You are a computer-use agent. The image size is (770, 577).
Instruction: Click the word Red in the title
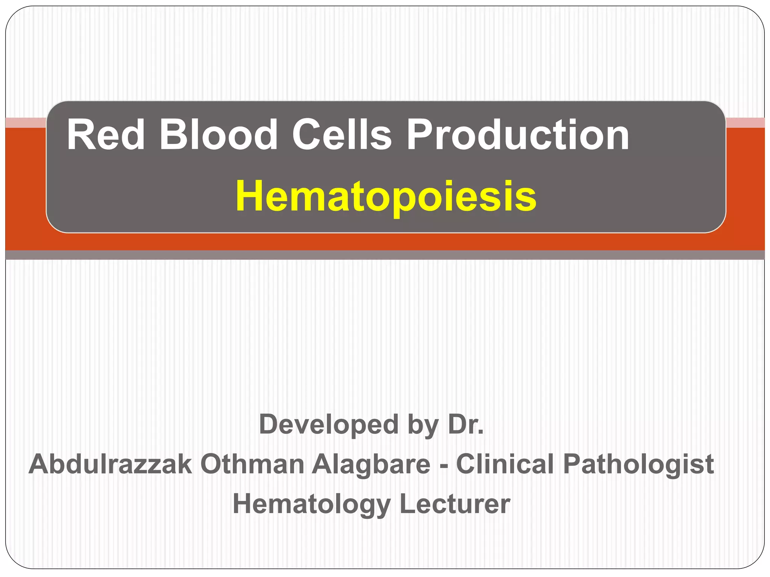point(106,134)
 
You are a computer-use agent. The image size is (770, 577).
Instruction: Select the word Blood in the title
point(218,134)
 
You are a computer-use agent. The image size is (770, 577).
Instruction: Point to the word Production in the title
point(518,134)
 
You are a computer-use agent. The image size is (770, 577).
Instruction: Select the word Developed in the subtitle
point(329,424)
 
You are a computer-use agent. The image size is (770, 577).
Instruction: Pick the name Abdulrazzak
point(111,464)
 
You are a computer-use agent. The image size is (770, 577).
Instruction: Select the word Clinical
point(505,464)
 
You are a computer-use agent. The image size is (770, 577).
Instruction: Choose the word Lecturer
point(455,504)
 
